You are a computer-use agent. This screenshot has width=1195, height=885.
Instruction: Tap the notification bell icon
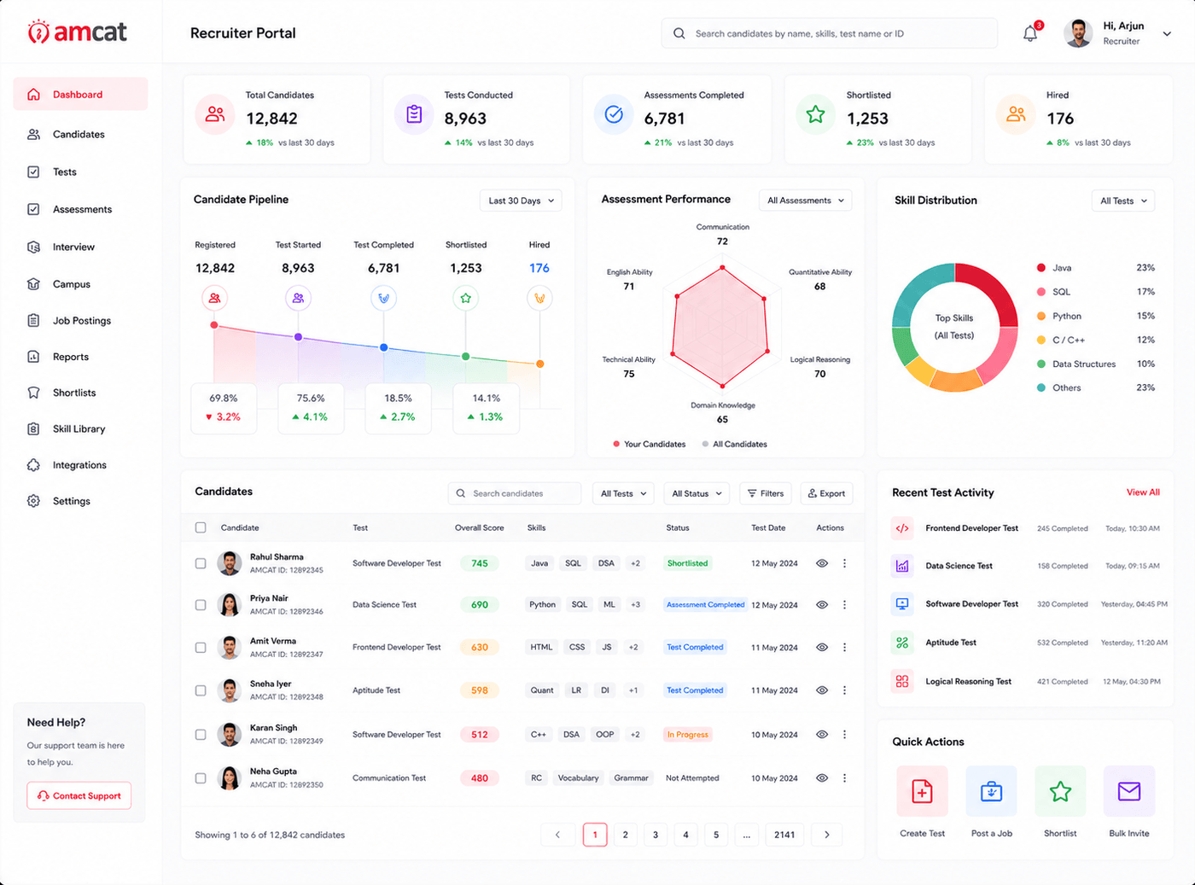1030,33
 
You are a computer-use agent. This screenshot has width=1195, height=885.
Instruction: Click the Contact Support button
79,795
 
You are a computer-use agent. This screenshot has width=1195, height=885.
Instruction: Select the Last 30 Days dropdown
521,201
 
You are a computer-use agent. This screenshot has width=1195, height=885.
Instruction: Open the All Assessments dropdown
805,201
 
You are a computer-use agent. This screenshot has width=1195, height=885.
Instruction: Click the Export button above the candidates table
826,493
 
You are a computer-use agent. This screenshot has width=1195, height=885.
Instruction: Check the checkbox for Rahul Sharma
201,563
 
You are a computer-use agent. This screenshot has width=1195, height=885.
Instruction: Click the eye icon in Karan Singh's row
822,734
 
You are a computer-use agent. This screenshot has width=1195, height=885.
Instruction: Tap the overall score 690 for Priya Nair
480,605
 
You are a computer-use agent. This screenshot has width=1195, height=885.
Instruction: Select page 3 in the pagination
656,835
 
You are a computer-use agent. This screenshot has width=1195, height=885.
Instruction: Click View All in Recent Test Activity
1143,492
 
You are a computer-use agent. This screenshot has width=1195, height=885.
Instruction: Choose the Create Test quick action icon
922,792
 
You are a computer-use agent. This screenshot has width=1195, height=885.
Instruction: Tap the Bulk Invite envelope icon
1128,792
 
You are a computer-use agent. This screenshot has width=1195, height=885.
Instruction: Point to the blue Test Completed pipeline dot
383,348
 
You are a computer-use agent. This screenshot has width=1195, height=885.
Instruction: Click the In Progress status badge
687,735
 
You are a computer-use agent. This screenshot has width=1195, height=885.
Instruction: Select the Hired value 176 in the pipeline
539,268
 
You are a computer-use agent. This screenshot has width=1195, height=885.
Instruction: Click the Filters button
766,493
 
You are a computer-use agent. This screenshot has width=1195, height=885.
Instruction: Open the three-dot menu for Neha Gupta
844,777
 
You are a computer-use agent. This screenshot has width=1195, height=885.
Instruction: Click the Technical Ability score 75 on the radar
629,374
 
